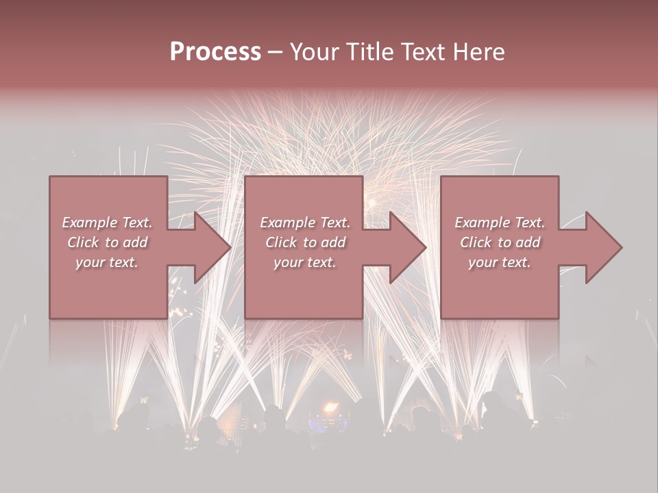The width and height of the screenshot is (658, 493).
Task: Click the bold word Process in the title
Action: [215, 52]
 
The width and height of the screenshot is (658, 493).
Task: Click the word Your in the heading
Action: [316, 52]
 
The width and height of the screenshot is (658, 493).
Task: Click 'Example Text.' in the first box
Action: [107, 223]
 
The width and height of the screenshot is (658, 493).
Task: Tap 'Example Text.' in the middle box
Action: [304, 223]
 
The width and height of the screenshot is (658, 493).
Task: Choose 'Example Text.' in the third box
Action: [500, 223]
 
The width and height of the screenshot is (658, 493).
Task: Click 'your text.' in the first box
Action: [107, 262]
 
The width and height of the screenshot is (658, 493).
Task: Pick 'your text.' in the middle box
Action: [304, 262]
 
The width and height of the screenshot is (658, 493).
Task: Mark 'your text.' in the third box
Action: [500, 262]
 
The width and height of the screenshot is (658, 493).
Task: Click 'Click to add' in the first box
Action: [107, 242]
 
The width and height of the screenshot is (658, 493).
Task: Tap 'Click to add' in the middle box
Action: [304, 242]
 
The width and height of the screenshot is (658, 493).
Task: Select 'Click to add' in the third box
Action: [500, 242]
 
